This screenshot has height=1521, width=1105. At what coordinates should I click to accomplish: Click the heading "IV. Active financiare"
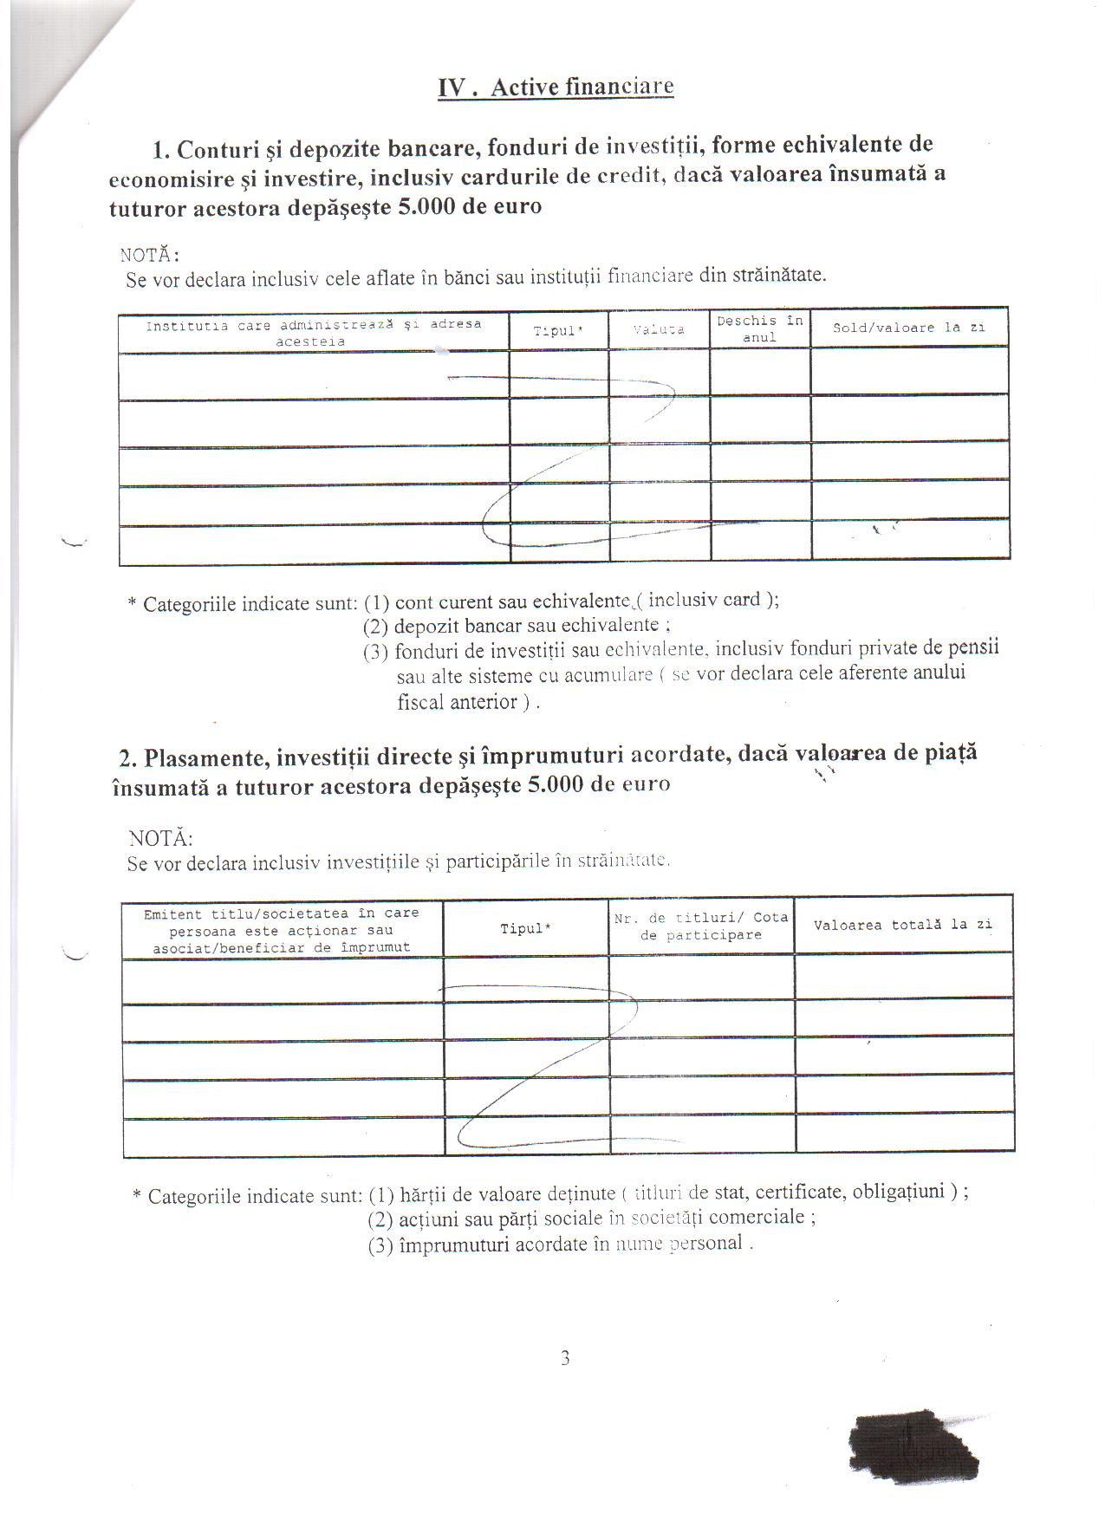tap(556, 88)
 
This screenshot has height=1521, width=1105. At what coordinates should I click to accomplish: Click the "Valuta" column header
tap(659, 329)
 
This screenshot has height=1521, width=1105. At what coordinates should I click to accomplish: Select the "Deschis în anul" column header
tap(759, 328)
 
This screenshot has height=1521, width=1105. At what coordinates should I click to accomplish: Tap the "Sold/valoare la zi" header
tap(909, 328)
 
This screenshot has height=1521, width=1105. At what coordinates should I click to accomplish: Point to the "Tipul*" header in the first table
tap(558, 330)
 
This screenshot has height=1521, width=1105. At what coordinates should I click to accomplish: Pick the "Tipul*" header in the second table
tap(526, 928)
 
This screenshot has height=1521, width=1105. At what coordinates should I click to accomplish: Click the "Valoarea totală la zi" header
tap(903, 925)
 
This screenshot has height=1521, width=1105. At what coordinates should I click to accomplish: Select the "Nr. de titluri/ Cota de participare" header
tap(701, 926)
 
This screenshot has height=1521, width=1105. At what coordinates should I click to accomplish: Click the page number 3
tap(565, 1358)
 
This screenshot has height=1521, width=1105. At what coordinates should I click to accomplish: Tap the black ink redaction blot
tap(913, 1448)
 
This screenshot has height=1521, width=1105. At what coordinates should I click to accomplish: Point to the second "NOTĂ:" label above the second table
tap(161, 838)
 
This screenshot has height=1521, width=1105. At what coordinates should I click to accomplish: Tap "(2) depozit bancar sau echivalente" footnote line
tap(517, 625)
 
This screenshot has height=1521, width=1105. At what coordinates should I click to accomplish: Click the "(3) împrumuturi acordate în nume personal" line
tap(560, 1245)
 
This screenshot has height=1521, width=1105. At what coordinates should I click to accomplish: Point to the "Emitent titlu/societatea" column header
tap(282, 930)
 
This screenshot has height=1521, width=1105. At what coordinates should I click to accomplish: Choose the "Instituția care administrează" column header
tap(313, 332)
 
